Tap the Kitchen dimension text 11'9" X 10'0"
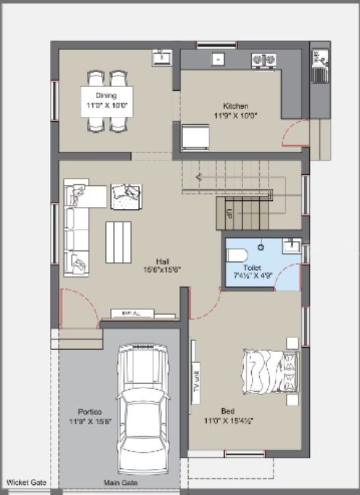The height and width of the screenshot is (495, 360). click(x=236, y=115)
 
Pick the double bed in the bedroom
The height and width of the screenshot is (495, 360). click(x=270, y=376)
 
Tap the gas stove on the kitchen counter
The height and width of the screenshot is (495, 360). click(x=263, y=59)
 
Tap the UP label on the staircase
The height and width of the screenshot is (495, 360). click(x=229, y=216)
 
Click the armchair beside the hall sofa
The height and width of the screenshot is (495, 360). click(x=126, y=195)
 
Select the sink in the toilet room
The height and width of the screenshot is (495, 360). click(x=290, y=247)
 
